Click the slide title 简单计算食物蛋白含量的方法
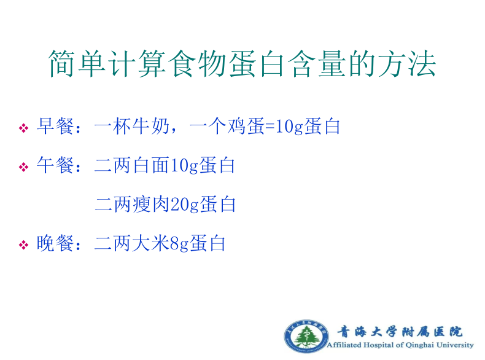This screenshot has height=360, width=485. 242,64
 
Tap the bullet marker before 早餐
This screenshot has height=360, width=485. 23,128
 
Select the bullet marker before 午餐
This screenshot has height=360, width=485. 23,167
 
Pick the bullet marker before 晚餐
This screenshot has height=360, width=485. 23,245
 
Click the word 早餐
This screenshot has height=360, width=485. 55,127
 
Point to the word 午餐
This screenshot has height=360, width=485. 55,165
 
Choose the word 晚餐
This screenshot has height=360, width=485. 55,243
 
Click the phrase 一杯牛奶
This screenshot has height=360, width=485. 132,127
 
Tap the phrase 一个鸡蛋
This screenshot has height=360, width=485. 227,127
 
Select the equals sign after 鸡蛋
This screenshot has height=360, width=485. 270,127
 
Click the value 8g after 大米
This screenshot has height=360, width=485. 179,245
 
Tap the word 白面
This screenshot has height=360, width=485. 152,165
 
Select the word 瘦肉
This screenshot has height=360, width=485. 152,205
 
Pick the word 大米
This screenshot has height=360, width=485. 152,243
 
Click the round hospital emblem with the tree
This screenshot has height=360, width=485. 306,336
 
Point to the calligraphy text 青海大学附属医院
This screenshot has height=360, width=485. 399,332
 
